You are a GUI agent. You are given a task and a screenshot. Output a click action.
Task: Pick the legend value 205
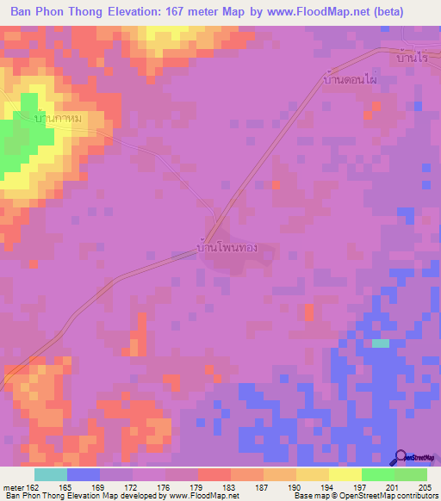tap(420, 487)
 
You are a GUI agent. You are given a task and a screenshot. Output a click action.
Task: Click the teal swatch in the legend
tap(51, 474)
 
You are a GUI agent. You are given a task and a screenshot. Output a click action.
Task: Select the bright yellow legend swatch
tap(345, 474)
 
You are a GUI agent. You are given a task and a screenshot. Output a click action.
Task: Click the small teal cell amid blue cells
tap(380, 343)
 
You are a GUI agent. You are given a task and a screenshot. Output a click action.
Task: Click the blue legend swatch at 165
tap(84, 474)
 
